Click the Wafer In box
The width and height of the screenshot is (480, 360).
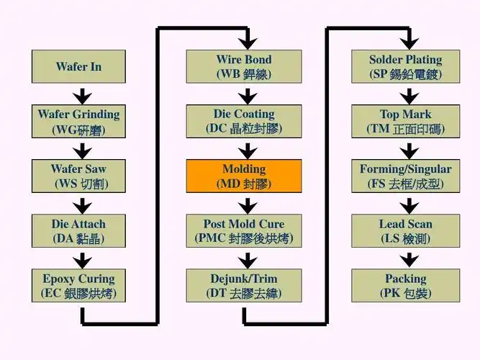[78, 66]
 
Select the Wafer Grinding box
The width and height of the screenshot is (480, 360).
[78, 122]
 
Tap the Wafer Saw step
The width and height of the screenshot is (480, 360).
[78, 176]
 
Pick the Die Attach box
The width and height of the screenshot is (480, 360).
[78, 231]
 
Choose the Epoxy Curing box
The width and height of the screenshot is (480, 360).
[78, 286]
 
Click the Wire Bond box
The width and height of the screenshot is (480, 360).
[244, 66]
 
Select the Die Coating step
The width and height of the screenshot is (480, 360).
[244, 122]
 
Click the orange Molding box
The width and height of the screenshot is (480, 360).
[244, 176]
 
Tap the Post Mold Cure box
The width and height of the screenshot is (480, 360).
[244, 231]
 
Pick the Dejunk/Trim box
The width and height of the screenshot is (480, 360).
[244, 286]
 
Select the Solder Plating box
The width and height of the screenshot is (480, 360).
[406, 66]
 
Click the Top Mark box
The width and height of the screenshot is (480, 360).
[406, 122]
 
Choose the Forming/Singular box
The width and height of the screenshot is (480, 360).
[406, 176]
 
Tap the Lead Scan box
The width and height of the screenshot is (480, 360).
[406, 231]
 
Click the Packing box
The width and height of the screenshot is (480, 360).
[406, 286]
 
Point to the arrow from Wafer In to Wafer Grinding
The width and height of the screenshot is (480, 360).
[83, 94]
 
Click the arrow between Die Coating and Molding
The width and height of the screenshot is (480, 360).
[248, 150]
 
